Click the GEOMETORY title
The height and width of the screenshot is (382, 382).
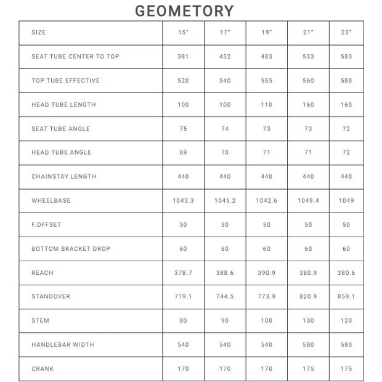[x=184, y=11]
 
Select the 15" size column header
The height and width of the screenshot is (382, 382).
[x=183, y=32]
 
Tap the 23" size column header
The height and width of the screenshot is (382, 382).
[x=346, y=32]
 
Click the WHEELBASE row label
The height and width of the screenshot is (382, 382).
[x=51, y=201]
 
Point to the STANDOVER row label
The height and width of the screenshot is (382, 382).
[x=51, y=297]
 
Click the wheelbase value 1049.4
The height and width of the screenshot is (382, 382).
[x=308, y=201]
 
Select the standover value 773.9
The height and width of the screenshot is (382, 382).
[x=266, y=297]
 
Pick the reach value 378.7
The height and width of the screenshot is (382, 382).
[x=183, y=273]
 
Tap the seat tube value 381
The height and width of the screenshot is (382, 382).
[x=183, y=57]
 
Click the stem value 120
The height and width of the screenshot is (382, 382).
[x=346, y=321]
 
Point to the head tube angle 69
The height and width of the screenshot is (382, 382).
[x=183, y=153]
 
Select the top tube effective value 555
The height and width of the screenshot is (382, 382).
[x=266, y=81]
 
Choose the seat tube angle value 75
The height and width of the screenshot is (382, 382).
[x=183, y=129]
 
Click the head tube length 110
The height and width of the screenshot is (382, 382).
[x=266, y=105]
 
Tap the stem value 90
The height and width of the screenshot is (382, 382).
[x=225, y=321]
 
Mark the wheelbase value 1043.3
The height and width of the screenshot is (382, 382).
[x=183, y=201]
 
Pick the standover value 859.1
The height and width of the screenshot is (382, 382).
[x=346, y=297]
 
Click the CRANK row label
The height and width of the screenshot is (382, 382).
[x=43, y=369]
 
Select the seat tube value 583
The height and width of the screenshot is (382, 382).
[x=346, y=57]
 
